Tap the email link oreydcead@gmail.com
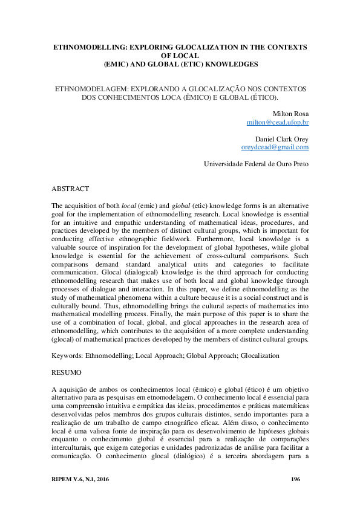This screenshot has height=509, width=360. click(x=275, y=147)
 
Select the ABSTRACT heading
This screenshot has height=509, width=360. click(x=71, y=189)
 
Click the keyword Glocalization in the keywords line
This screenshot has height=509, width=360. click(x=260, y=356)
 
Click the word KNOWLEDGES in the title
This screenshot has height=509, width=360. click(x=228, y=63)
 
